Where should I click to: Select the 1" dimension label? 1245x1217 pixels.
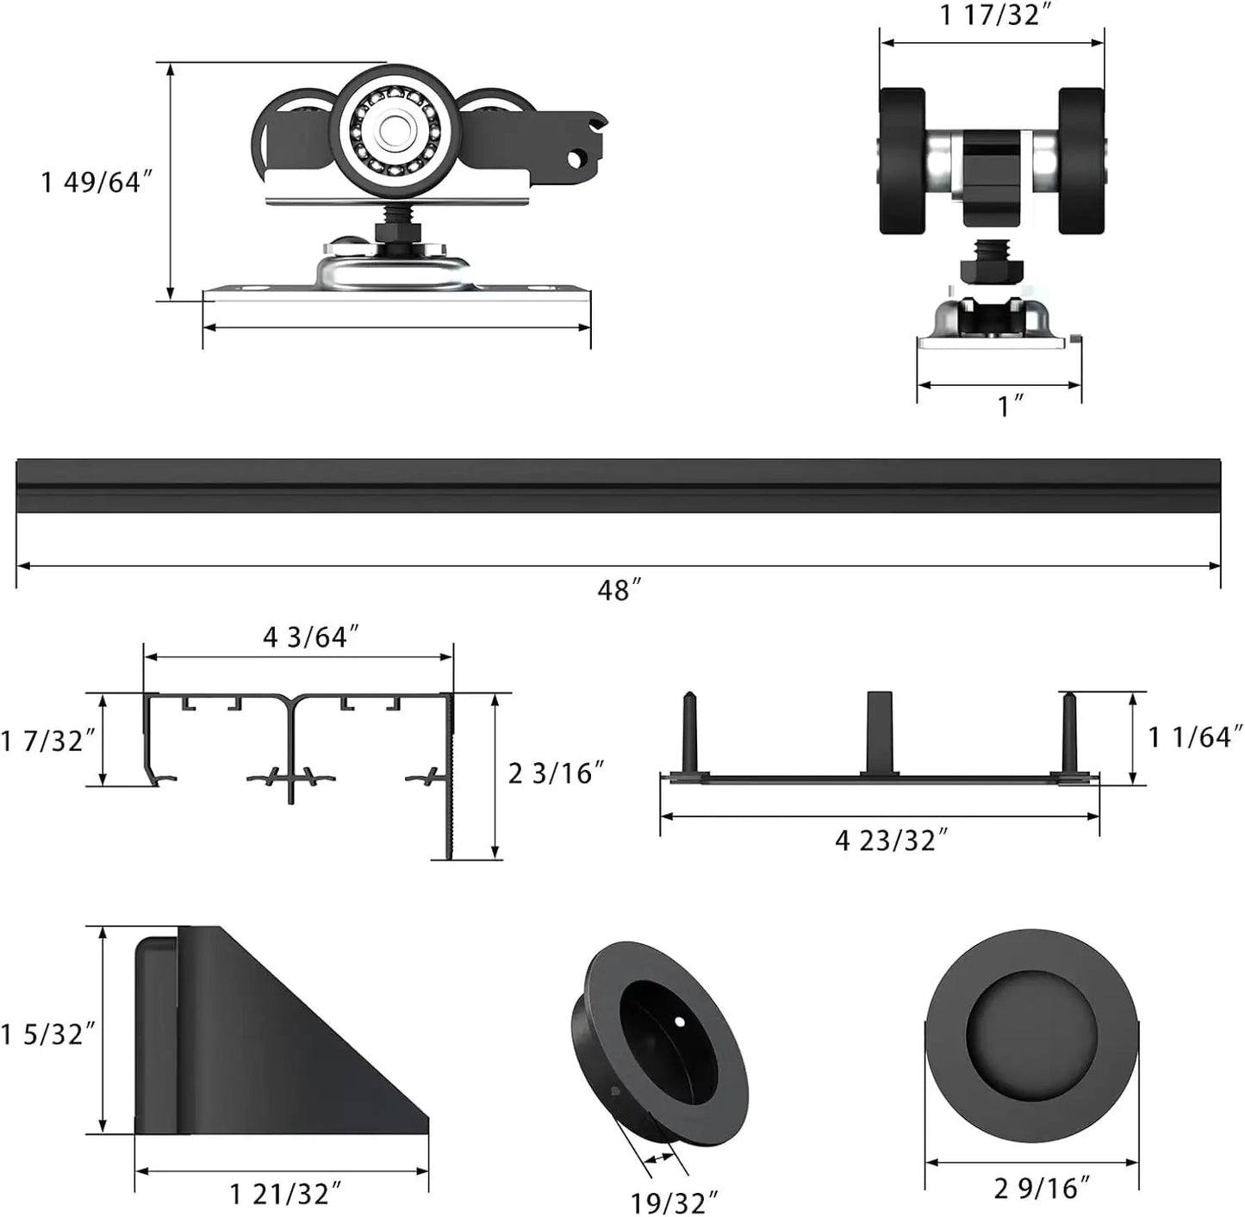tap(1009, 406)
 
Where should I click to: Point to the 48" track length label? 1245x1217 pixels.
tap(619, 591)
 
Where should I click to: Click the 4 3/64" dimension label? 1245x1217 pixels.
tap(310, 637)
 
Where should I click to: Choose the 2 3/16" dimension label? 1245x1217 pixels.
tap(556, 773)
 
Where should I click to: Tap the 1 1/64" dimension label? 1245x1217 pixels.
tap(1194, 736)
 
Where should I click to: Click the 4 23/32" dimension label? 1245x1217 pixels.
tap(891, 840)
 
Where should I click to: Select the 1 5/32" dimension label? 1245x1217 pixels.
tap(47, 1034)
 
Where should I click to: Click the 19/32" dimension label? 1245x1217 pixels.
tap(674, 1202)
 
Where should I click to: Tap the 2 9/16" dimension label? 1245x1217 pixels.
tap(1042, 1189)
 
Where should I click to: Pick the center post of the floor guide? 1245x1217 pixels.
tap(880, 732)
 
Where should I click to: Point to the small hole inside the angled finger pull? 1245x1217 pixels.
tap(679, 1022)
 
